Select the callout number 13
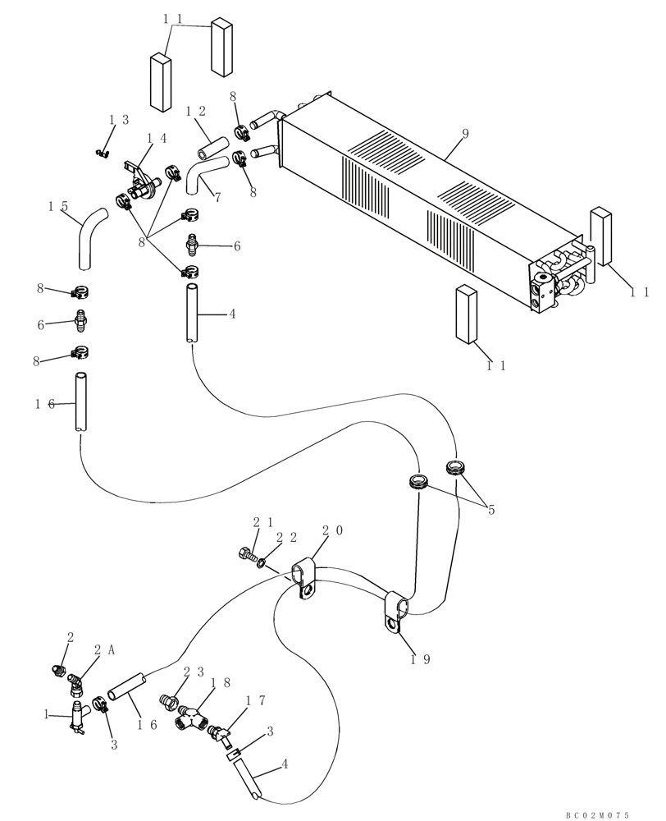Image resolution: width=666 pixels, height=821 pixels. [x=119, y=120]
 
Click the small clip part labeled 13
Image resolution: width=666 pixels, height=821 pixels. [x=103, y=151]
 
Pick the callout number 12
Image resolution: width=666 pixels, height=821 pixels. [x=194, y=111]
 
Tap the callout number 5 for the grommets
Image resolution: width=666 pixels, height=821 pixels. [x=492, y=510]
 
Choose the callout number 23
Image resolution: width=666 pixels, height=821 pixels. [x=194, y=671]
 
